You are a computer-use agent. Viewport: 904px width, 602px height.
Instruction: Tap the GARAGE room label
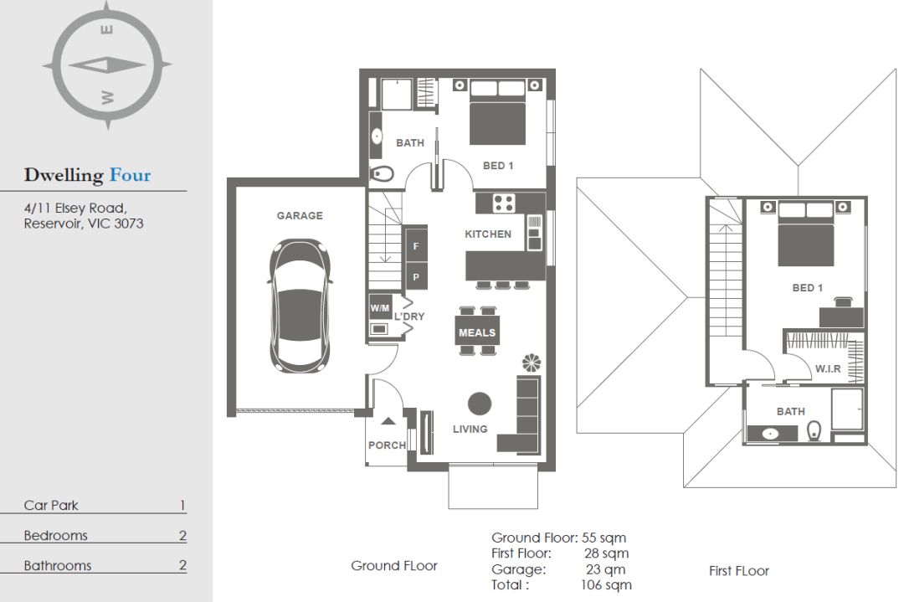click(x=300, y=216)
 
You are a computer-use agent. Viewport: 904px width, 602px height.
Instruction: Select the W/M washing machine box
click(x=380, y=308)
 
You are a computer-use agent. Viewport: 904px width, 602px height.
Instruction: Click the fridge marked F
click(x=416, y=246)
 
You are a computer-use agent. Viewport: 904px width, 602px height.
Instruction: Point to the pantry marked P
click(x=416, y=277)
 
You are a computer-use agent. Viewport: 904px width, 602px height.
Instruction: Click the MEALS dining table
click(x=477, y=332)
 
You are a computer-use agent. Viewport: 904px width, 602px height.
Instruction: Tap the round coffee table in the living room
click(x=479, y=404)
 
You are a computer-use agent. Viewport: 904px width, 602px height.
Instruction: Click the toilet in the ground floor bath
click(x=383, y=173)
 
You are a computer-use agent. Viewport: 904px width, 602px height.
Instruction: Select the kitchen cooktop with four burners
click(x=504, y=203)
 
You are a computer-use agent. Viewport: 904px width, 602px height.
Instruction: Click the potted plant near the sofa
click(x=531, y=363)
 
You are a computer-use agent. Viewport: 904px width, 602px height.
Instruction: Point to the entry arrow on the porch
click(x=388, y=421)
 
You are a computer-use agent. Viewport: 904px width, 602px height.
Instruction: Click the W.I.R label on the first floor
click(x=828, y=369)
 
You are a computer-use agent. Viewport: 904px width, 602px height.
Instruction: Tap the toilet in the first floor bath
click(x=814, y=430)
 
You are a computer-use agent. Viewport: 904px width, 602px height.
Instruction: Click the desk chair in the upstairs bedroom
click(x=844, y=301)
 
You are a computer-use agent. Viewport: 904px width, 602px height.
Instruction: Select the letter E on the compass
click(x=107, y=29)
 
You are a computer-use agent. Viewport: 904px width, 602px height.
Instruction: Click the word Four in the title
click(x=131, y=175)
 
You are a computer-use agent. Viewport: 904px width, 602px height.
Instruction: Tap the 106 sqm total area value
click(x=605, y=585)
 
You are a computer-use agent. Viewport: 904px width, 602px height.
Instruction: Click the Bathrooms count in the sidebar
click(x=182, y=565)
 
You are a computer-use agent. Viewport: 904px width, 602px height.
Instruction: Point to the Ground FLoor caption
click(x=394, y=566)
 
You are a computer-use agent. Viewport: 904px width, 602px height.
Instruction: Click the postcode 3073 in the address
click(x=129, y=224)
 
